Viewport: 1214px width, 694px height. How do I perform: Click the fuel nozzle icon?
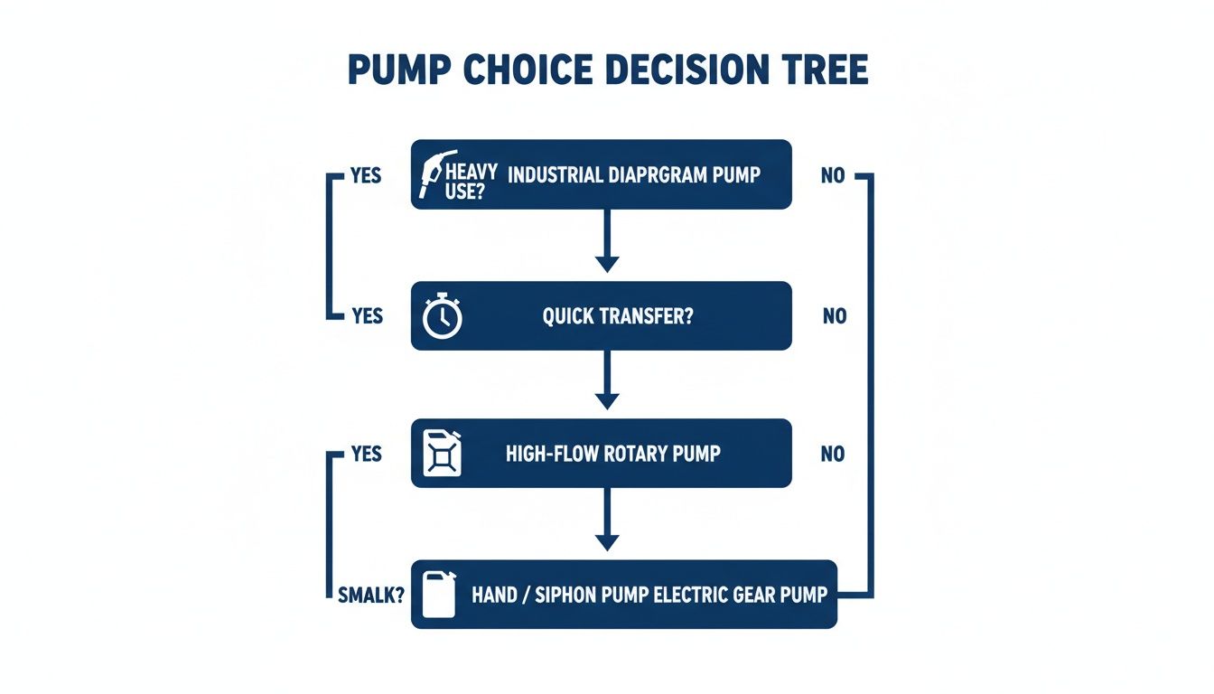438,173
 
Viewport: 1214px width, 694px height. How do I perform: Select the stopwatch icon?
443,317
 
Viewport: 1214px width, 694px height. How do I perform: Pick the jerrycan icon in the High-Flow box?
442,453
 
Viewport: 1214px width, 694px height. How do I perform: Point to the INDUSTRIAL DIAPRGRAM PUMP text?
634,175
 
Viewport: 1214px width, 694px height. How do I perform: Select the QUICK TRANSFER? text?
611,317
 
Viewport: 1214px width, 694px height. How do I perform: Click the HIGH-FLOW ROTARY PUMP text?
613,454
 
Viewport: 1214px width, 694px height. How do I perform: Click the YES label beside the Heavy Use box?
365,175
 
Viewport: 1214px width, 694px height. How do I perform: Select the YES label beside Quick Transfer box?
367,317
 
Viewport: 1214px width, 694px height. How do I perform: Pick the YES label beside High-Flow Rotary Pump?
366,454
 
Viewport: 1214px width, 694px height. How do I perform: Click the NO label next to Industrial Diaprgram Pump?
833,175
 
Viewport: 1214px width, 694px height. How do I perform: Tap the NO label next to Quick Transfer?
835,317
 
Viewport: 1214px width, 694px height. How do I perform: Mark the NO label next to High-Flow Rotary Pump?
833,454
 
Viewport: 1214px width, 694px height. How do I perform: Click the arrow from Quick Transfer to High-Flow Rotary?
607,380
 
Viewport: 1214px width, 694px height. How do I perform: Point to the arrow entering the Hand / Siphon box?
607,520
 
